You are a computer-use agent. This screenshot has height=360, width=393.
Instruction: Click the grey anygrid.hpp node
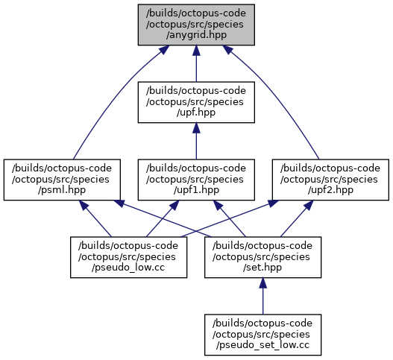[196, 25]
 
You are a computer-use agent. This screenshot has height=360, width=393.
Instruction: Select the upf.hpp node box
[196, 102]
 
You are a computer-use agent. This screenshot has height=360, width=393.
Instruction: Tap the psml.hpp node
[62, 180]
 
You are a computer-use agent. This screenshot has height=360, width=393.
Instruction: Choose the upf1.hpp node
[196, 180]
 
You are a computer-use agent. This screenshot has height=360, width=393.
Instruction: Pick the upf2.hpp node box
[330, 180]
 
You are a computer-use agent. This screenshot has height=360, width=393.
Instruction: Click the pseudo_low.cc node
[128, 257]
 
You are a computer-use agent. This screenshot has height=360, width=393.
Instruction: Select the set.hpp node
[263, 257]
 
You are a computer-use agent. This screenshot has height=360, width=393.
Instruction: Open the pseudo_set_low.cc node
[263, 335]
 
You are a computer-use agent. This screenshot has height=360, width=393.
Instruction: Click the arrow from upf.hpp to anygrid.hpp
[196, 63]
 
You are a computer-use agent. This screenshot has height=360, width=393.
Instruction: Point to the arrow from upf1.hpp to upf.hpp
[196, 141]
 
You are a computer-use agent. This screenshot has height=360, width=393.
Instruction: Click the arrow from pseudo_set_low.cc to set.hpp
[263, 296]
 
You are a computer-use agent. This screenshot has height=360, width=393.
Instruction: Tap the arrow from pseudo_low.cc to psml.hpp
[95, 218]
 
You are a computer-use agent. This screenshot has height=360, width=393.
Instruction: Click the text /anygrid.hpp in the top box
[196, 35]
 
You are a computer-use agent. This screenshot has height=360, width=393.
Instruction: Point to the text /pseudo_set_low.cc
[263, 345]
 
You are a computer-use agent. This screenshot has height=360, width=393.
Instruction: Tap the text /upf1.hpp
[196, 190]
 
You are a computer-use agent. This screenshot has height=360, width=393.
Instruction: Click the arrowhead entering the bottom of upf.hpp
[196, 127]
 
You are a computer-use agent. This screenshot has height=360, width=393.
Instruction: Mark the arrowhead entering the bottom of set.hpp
[263, 282]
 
